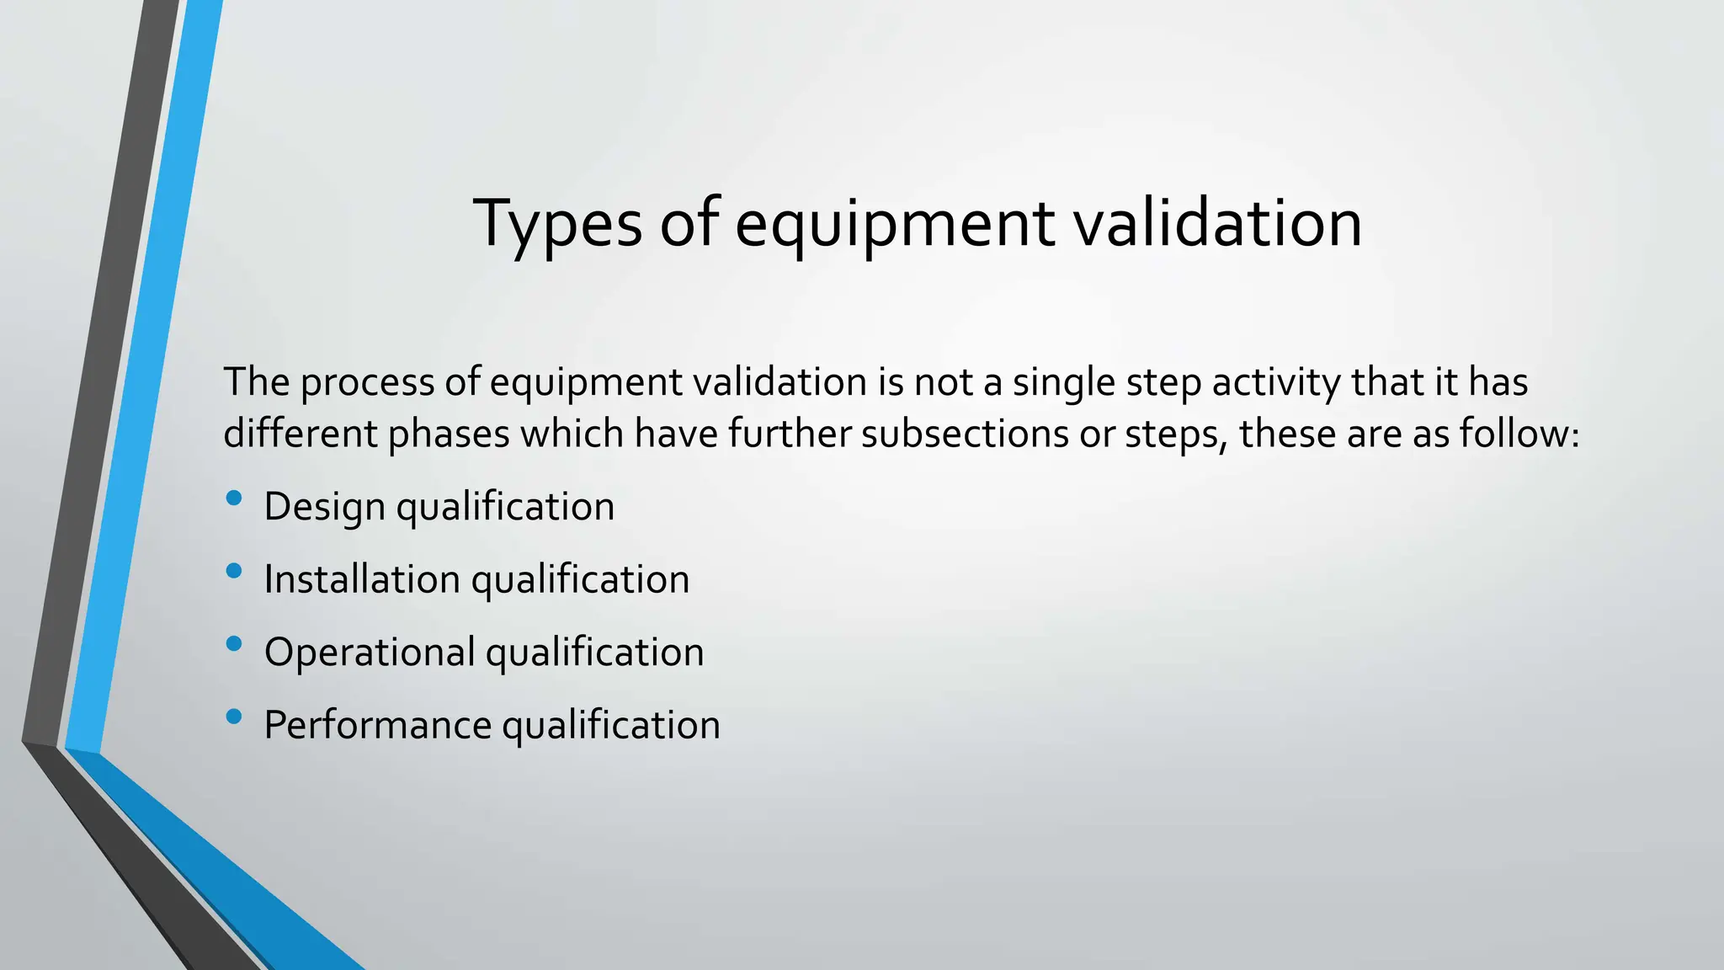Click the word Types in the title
click(x=557, y=224)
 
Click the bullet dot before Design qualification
click(x=234, y=498)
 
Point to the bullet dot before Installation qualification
click(x=234, y=572)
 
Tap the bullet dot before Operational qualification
click(x=234, y=644)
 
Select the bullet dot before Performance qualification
click(x=234, y=717)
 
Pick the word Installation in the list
click(x=361, y=579)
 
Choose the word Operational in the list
click(x=370, y=653)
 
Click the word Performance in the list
click(x=377, y=725)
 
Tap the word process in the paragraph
click(x=366, y=383)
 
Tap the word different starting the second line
click(x=300, y=434)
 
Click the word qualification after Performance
click(x=611, y=725)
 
